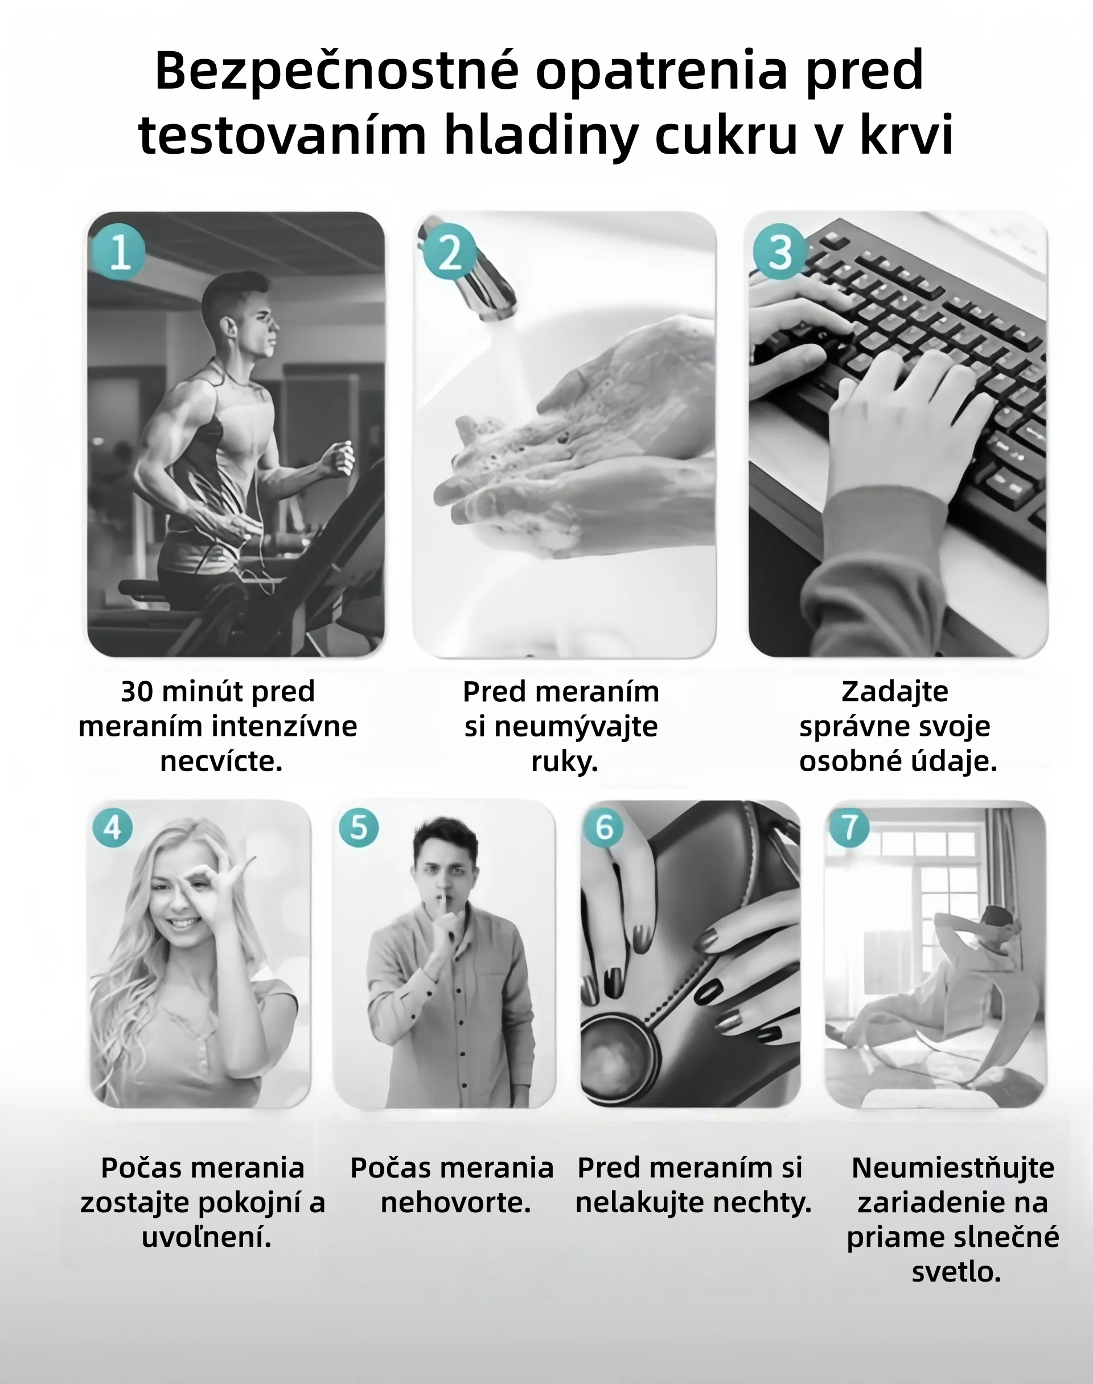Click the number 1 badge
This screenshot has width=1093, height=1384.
click(119, 252)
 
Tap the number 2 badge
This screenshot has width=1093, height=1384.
click(449, 252)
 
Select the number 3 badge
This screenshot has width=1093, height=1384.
click(780, 252)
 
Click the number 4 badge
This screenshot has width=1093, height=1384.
click(113, 828)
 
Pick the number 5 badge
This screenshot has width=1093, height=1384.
click(359, 828)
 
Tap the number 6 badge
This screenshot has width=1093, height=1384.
click(604, 828)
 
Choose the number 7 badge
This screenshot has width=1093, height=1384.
click(849, 828)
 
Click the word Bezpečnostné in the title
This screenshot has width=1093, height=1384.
click(336, 71)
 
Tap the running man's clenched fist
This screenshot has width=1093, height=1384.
click(339, 458)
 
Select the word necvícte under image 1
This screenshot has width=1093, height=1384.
click(221, 761)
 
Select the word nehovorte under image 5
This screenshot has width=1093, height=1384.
click(455, 1203)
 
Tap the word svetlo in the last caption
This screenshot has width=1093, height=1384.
click(956, 1272)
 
